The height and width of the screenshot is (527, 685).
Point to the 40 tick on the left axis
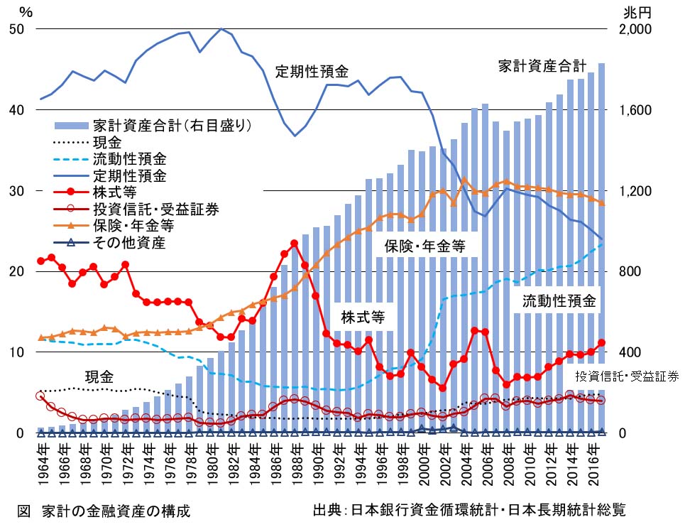point(15,111)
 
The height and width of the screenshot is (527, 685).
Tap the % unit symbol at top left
point(26,12)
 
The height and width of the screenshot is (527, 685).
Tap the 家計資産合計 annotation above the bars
point(542,67)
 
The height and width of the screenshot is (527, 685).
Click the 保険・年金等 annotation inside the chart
point(425,246)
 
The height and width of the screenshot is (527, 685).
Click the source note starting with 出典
point(469,510)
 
